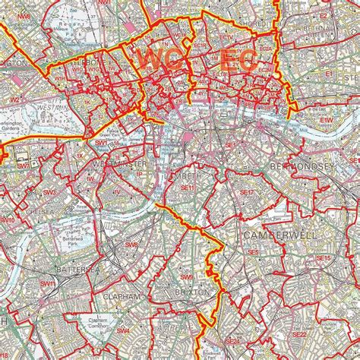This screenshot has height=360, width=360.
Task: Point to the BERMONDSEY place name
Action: tap(302, 165)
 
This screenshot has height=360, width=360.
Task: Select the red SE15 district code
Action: tap(324, 258)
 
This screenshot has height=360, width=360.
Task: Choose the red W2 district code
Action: tap(14, 99)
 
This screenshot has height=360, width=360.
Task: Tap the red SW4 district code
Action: tap(123, 331)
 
